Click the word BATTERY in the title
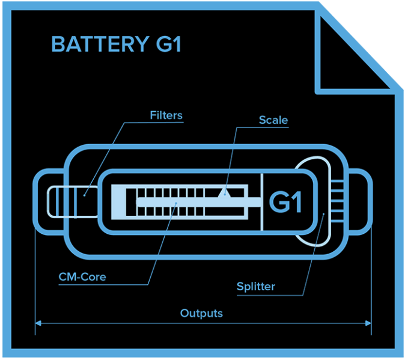point(96,45)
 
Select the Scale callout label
point(273,120)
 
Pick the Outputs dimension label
point(201,313)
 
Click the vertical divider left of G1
point(263,201)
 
